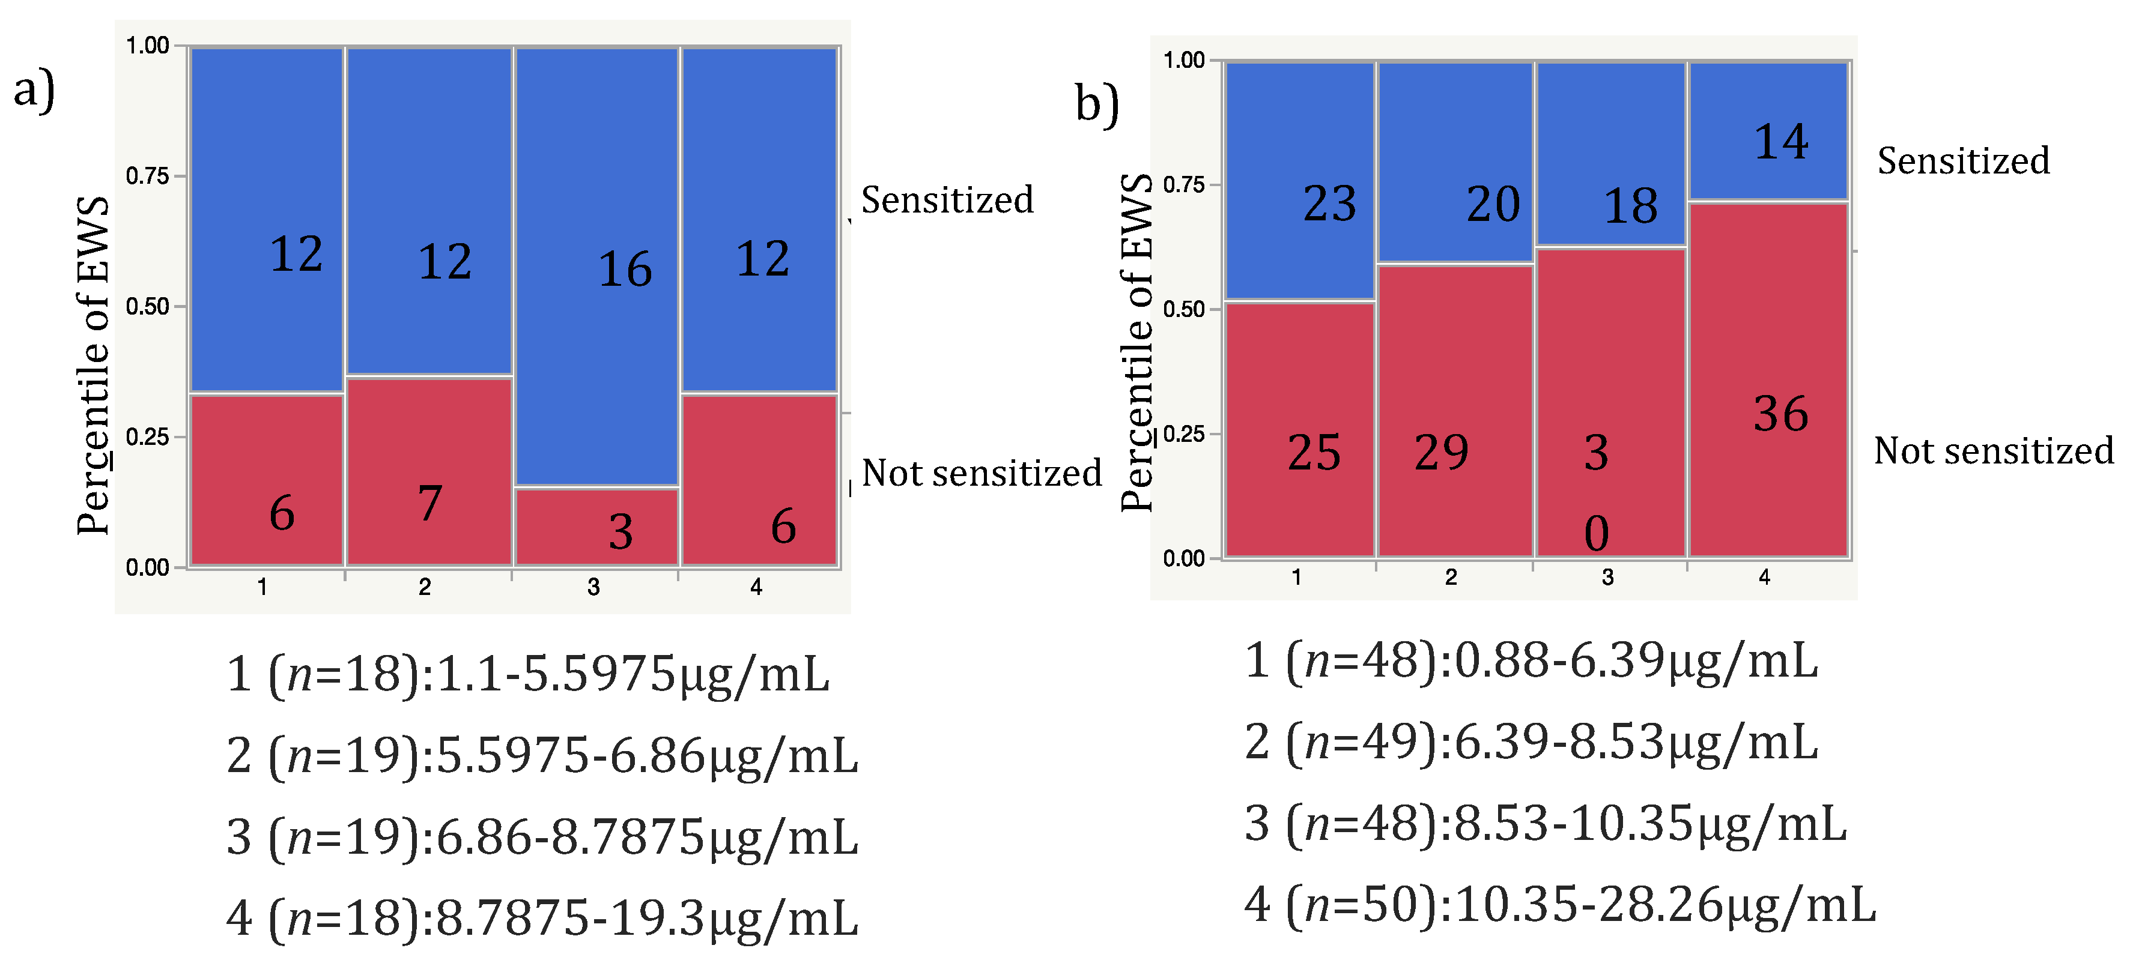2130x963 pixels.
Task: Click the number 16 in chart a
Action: tap(625, 270)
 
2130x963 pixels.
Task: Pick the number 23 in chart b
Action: tap(1329, 204)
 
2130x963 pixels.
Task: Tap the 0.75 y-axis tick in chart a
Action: tap(148, 176)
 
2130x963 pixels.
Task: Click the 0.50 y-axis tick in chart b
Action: tap(1183, 309)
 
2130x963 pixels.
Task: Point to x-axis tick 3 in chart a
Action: tap(593, 587)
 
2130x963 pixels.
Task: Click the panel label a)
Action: tap(34, 89)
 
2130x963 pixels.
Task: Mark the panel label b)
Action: tap(1096, 104)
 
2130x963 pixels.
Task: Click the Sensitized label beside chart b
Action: tap(1963, 160)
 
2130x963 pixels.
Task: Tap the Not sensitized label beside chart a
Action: tap(982, 473)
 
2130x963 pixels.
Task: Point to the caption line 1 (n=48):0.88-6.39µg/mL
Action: tap(1531, 660)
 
